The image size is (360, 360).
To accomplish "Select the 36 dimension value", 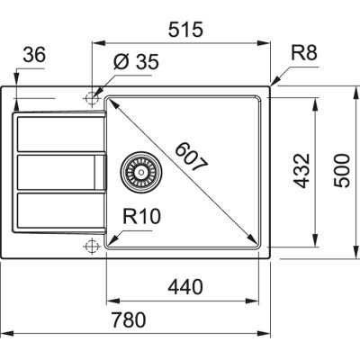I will tap(33, 57).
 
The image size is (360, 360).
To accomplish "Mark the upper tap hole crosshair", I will tap(91, 96).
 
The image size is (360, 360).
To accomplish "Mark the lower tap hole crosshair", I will tap(91, 246).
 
